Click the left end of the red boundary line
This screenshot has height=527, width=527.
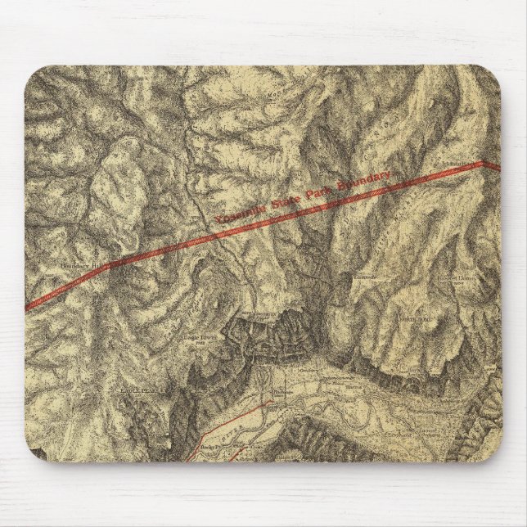pos(27,308)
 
